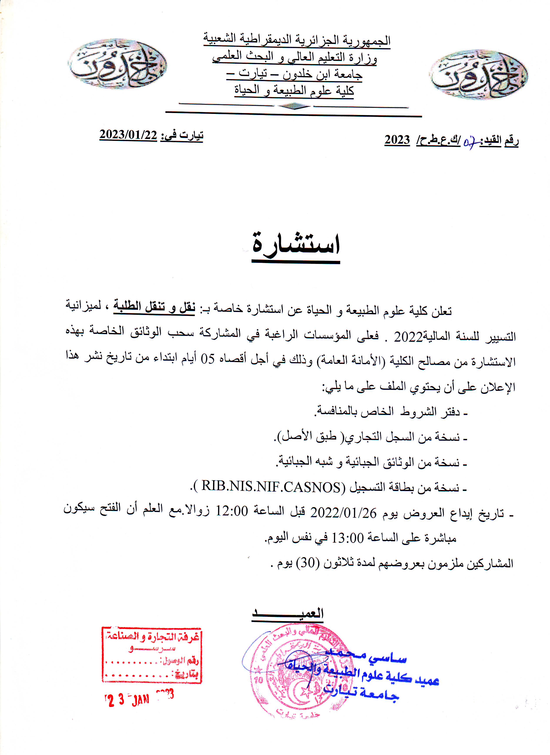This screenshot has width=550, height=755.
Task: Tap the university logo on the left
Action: (117, 63)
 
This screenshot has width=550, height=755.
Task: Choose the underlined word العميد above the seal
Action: (287, 613)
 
